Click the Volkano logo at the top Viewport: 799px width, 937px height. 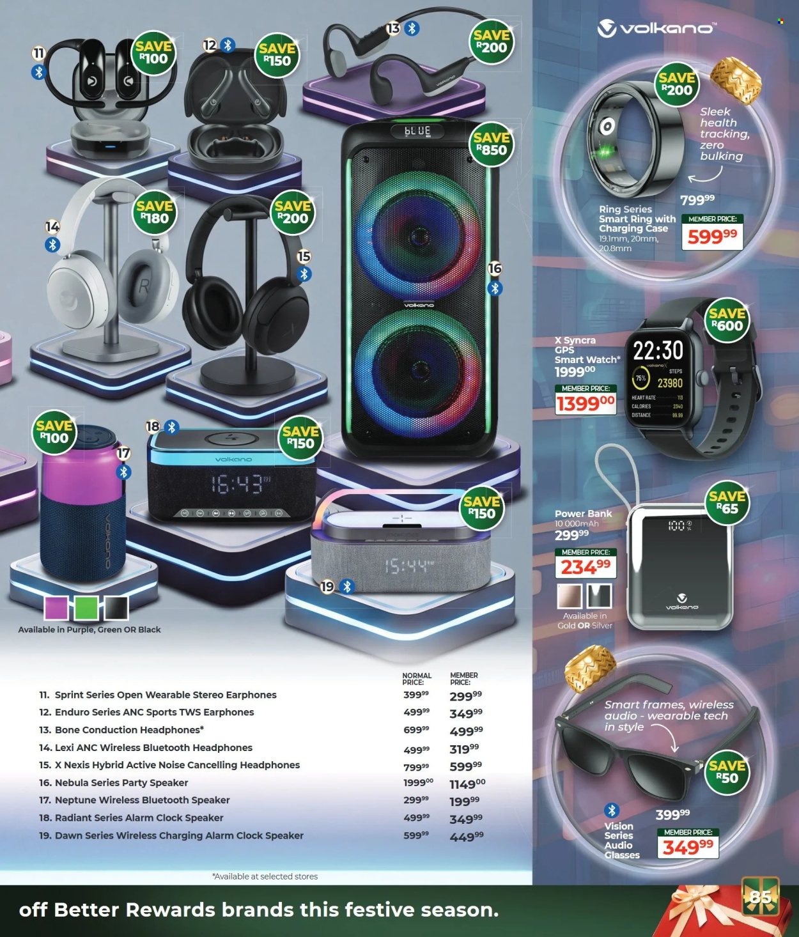[656, 28]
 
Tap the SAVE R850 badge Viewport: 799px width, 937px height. [492, 144]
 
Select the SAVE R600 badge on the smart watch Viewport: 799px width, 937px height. [727, 320]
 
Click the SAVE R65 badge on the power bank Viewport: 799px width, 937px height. [727, 503]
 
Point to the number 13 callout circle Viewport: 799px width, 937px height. [392, 28]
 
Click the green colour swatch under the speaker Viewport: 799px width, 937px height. [86, 608]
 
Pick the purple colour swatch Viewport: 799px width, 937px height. [57, 608]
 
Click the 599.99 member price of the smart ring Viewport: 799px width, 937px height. [713, 236]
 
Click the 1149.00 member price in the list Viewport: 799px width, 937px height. [467, 784]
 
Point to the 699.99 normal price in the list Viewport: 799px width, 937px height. [416, 730]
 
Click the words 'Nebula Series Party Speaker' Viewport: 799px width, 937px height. [121, 782]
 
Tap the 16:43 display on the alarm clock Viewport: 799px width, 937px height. [238, 484]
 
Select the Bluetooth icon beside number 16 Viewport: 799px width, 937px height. [495, 288]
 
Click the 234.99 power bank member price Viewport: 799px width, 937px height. [586, 567]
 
